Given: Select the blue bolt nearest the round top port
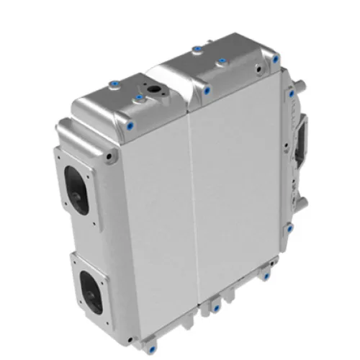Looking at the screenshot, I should pos(137,94).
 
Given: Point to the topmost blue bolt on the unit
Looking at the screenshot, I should pos(197,49).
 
